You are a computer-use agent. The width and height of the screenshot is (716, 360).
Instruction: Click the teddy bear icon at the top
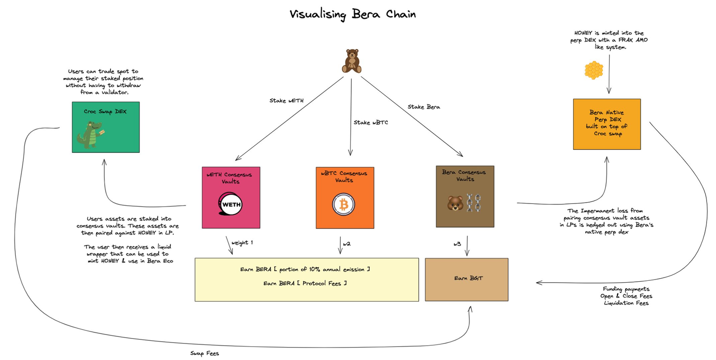coord(352,61)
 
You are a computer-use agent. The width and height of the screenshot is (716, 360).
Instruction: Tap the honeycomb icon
coord(594,70)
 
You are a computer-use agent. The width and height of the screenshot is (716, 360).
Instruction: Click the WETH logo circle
coord(231,204)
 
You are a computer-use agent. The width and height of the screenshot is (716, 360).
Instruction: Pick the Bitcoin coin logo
coord(344,204)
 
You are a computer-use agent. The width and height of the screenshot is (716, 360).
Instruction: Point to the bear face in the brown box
coord(455,203)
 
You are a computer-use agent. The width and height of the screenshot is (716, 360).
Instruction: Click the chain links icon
coord(474,203)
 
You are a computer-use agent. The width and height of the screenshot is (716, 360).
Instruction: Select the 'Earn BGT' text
coord(468,278)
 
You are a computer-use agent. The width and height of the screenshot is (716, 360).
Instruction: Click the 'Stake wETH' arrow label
coord(286,101)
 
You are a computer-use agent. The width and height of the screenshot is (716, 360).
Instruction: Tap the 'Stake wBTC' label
coord(371,123)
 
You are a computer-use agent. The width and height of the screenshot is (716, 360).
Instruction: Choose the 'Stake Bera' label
coord(423,107)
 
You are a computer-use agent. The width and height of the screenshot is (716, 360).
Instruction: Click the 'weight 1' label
coord(242,242)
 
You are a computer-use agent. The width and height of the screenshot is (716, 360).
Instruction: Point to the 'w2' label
coord(347,244)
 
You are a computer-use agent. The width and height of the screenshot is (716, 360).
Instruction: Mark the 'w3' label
coord(457,244)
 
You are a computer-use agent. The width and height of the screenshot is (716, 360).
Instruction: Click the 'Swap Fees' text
coord(205,353)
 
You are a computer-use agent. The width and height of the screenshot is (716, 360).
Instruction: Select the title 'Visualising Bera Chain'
coord(353,14)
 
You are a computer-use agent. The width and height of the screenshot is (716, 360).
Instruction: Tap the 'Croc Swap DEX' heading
coord(105,111)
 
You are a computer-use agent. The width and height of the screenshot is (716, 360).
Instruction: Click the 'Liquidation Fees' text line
coord(626,303)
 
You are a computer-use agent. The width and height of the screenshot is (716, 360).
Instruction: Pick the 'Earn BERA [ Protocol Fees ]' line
coord(305,283)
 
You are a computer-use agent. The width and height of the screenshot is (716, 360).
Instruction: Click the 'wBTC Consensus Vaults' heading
coord(344,177)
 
